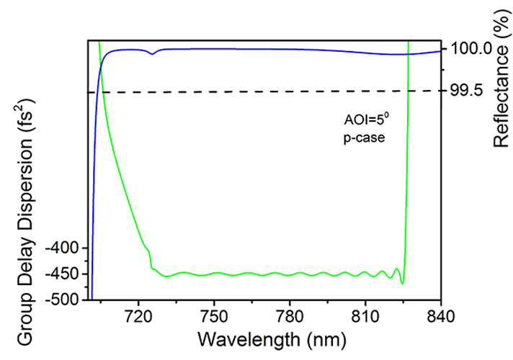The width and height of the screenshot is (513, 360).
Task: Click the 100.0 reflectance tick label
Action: tap(471, 49)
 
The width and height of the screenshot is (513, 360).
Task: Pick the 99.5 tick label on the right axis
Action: tap(467, 91)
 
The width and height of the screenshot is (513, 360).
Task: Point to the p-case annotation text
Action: tap(360, 137)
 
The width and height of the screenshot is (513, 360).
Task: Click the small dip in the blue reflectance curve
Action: tap(151, 54)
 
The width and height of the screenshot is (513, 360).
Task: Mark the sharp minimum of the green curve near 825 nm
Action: tap(403, 284)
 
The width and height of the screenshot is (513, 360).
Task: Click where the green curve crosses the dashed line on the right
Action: tap(408, 91)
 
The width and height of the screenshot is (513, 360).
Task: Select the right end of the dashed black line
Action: tap(440, 90)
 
